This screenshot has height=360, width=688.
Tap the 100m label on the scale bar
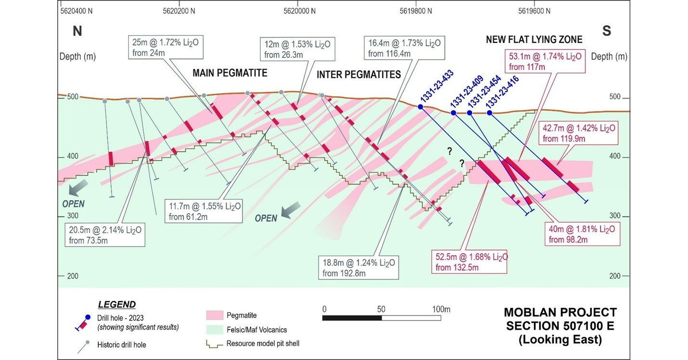tap(441, 309)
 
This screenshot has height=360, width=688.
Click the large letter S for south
tap(607, 31)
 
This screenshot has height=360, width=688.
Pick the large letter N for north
tap(78, 31)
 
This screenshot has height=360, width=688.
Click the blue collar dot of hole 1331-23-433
tap(420, 107)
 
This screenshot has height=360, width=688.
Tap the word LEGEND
tap(117, 305)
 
